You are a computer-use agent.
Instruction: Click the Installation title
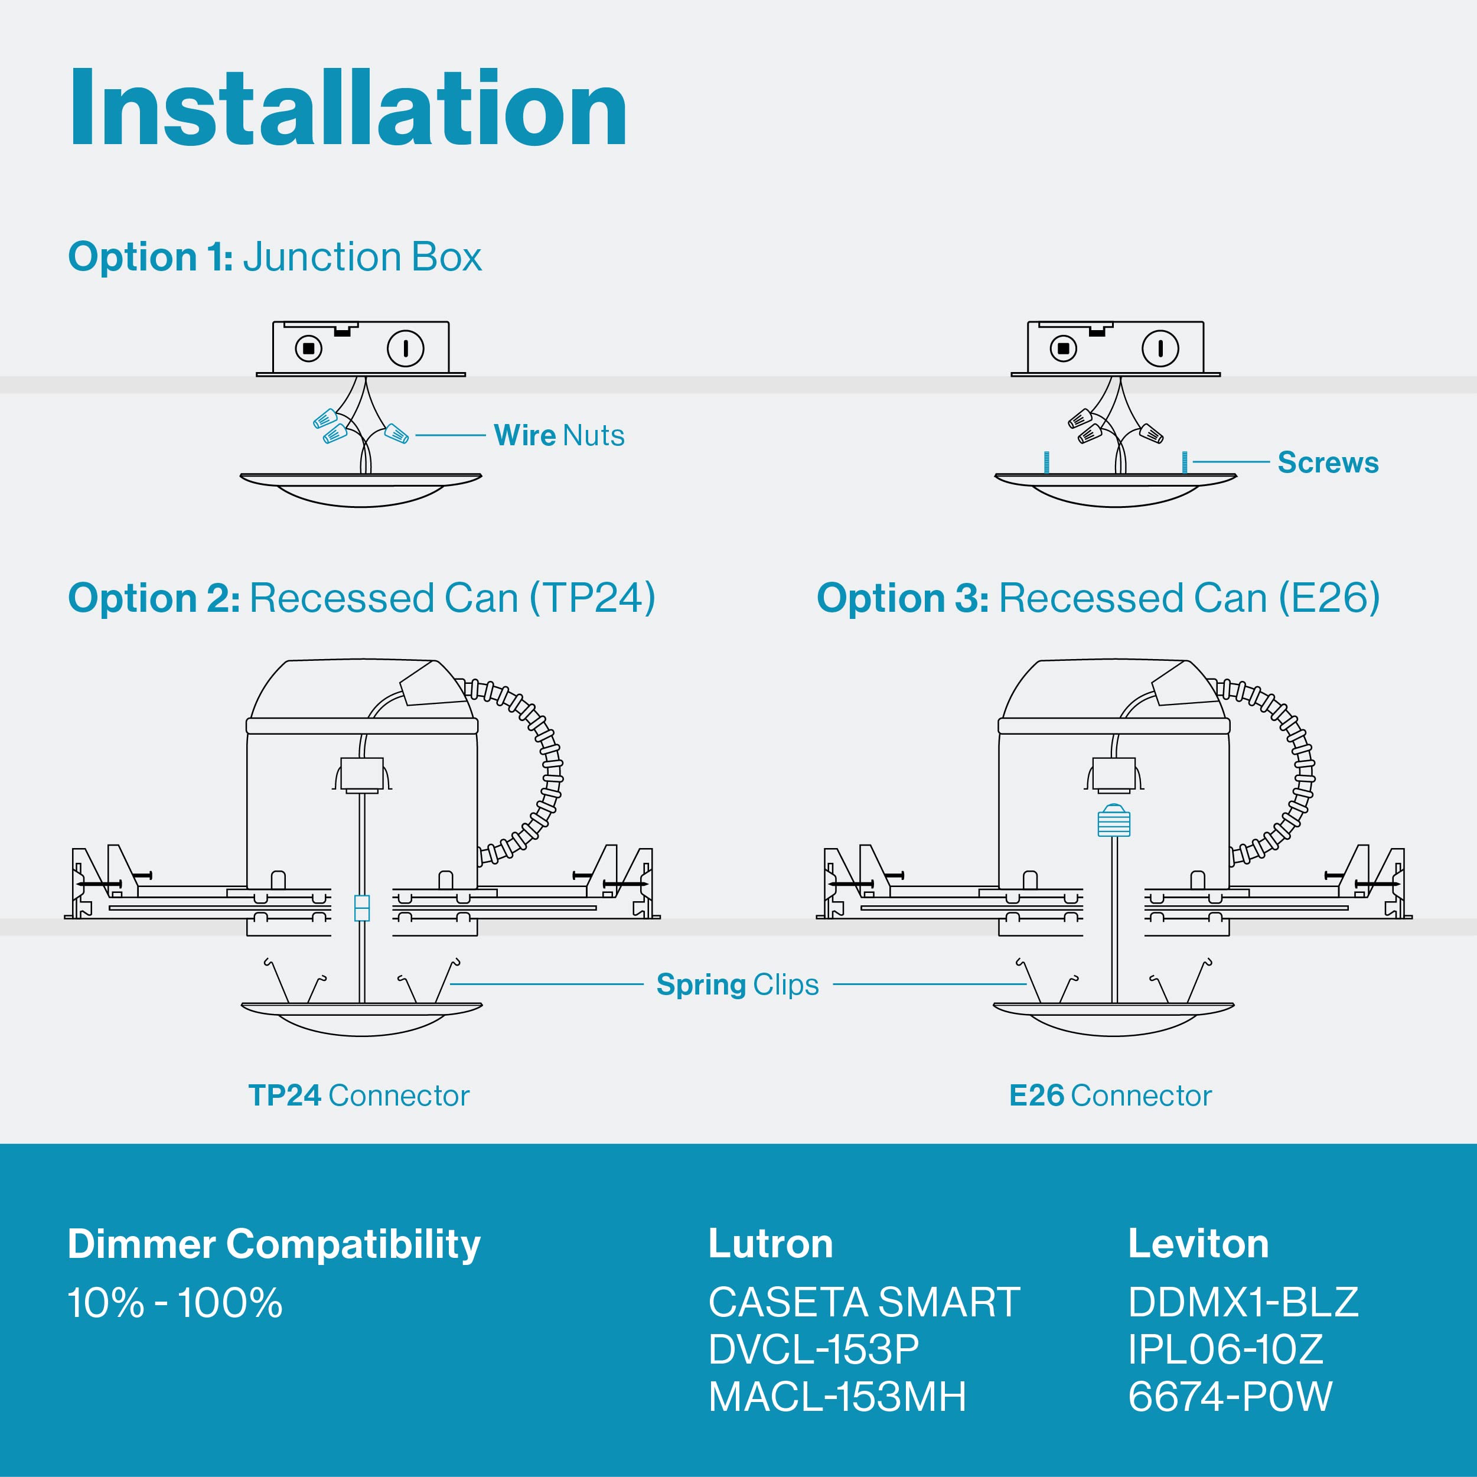(348, 109)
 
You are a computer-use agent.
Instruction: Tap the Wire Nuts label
(559, 435)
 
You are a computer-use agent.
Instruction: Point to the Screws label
(1328, 462)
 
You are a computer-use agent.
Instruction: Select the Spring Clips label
(737, 984)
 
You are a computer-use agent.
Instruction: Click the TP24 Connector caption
(358, 1095)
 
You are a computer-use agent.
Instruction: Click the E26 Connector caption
(1110, 1095)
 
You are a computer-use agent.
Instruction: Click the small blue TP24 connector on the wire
(363, 908)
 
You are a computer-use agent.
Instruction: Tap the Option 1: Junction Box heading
(275, 257)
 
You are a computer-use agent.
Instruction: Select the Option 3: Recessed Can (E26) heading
(1098, 598)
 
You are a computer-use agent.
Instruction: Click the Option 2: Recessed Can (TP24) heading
(361, 598)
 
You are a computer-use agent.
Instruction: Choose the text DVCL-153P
(813, 1349)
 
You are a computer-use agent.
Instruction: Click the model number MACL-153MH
(837, 1397)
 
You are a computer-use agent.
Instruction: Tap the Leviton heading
(1198, 1244)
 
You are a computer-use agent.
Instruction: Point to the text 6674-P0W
(1230, 1397)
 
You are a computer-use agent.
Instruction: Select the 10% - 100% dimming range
(175, 1303)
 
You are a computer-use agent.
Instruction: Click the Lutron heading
(771, 1244)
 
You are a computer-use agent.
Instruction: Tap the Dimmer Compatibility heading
(273, 1244)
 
